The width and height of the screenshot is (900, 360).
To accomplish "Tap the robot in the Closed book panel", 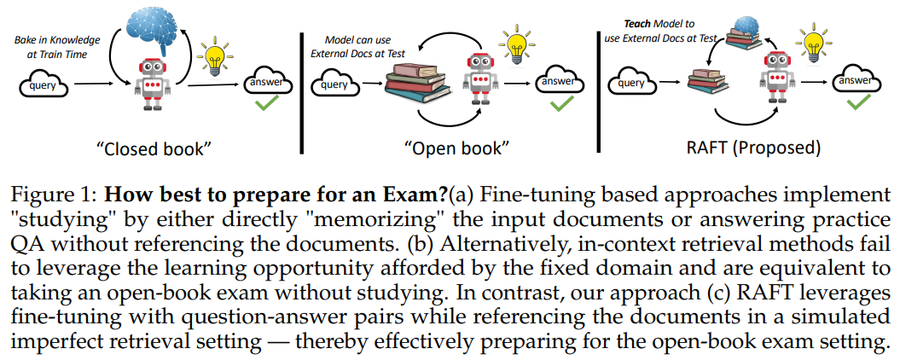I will [x=151, y=84].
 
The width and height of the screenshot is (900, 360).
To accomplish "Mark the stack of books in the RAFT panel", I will [x=707, y=84].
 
